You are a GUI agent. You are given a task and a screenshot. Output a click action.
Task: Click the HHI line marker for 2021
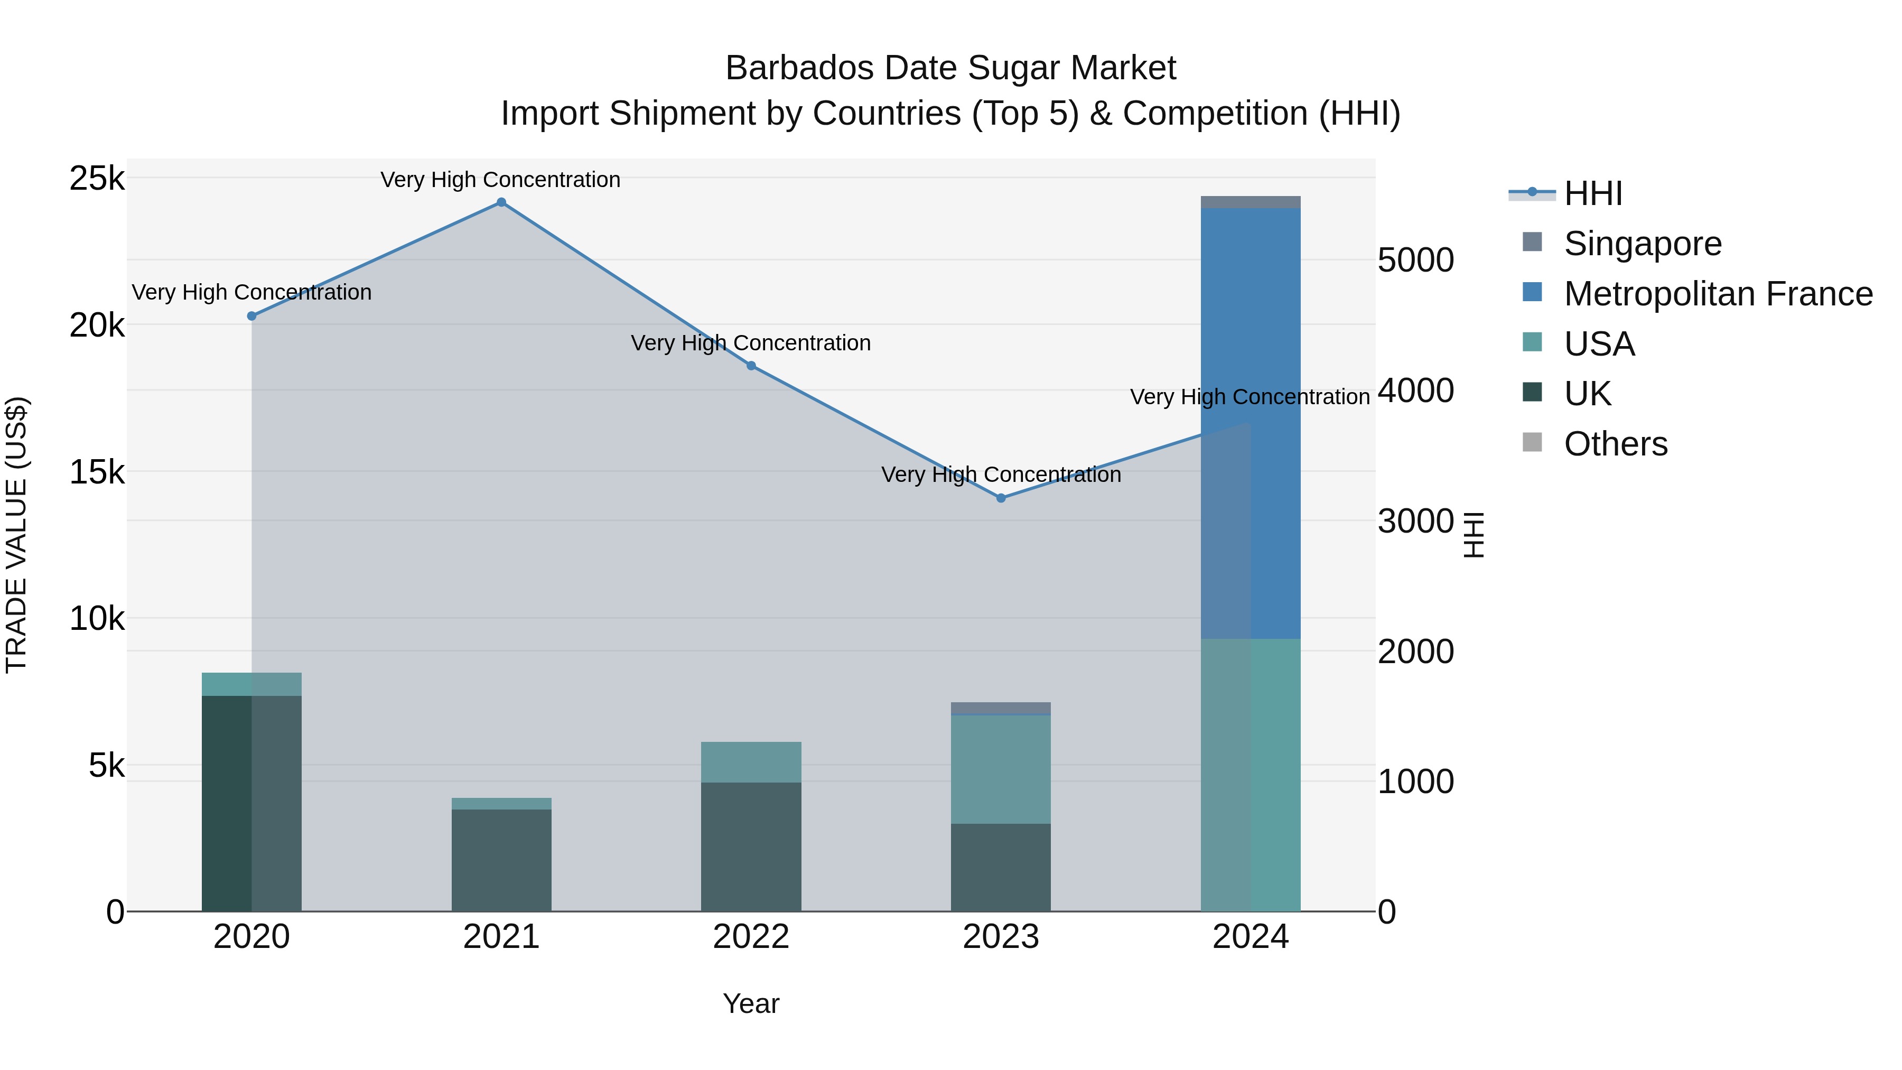(501, 202)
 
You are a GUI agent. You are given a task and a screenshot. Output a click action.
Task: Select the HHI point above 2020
(252, 316)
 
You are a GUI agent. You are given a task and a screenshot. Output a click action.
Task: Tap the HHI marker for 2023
(1001, 498)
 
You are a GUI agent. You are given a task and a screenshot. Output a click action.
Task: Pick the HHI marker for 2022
(751, 366)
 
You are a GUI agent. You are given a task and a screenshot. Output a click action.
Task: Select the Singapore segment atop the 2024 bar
(1251, 202)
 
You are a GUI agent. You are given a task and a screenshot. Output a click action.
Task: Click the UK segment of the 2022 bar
(751, 846)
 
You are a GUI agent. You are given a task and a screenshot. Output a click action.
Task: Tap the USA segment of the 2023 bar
(1001, 769)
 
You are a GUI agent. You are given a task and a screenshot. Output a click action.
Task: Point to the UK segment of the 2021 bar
(501, 860)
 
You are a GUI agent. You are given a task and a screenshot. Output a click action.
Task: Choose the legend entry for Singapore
(1642, 244)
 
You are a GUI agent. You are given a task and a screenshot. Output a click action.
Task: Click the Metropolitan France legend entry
(1718, 294)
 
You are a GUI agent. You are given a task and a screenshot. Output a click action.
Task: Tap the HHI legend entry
(1592, 193)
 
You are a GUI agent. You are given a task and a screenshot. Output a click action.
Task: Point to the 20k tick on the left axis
(97, 325)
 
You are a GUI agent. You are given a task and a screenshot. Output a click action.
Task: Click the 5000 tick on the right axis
(1416, 260)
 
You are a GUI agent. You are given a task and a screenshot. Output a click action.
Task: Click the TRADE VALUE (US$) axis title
(16, 535)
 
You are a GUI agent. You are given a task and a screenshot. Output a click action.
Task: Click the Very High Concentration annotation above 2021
(501, 180)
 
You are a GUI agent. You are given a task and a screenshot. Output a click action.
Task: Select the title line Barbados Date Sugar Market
(950, 68)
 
